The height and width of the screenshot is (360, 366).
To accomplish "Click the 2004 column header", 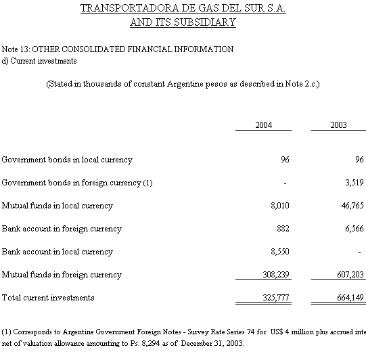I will (263, 125).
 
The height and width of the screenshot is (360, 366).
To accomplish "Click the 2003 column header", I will (338, 125).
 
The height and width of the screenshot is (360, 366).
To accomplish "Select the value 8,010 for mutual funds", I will (279, 206).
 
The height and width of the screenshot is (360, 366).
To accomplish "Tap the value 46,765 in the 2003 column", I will (352, 206).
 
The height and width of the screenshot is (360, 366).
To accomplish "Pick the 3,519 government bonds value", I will (354, 183).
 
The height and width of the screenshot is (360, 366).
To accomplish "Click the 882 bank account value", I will (283, 229).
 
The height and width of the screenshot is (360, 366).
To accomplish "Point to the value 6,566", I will (354, 229).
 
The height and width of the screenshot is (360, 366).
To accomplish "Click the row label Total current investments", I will (48, 298).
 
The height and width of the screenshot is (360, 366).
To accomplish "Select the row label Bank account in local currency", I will (58, 252).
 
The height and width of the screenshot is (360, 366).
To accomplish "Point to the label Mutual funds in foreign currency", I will (62, 275).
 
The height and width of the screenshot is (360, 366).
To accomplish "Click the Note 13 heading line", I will (118, 49).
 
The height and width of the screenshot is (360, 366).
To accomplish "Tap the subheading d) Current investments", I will (39, 61).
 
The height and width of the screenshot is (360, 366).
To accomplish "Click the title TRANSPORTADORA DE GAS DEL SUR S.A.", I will (183, 8).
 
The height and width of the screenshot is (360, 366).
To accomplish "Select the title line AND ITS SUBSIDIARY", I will (183, 22).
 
